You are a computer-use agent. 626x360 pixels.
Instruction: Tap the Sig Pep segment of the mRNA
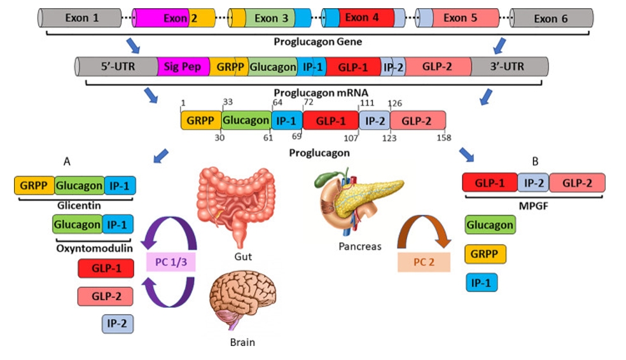(x=183, y=66)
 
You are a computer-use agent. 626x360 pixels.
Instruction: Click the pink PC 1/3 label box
(x=170, y=261)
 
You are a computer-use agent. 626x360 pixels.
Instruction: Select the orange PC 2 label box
(x=424, y=261)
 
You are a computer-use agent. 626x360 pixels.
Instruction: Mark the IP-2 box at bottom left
(x=118, y=324)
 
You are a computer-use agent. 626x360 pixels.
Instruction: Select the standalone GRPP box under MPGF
(x=486, y=253)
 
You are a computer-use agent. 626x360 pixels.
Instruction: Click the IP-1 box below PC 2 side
(x=481, y=281)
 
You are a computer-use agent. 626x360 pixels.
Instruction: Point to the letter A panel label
(x=66, y=161)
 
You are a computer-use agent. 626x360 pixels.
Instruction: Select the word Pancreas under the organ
(x=360, y=246)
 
